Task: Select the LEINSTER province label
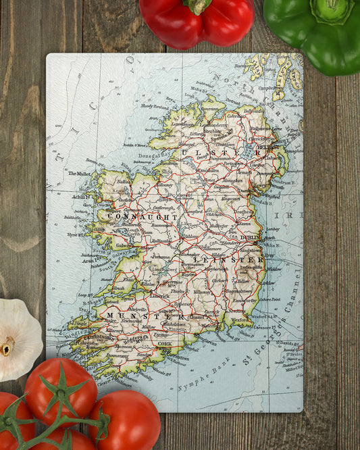click(x=228, y=259)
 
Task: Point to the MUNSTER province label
click(x=136, y=316)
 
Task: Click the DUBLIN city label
click(x=250, y=238)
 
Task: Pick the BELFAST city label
click(x=267, y=147)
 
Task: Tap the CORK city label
click(x=165, y=343)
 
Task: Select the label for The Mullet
click(x=79, y=174)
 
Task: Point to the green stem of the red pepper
click(x=198, y=5)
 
